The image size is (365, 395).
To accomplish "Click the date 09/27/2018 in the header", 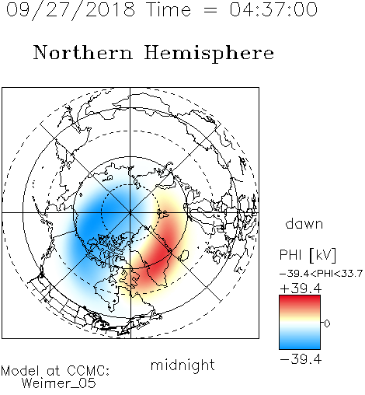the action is click(71, 10).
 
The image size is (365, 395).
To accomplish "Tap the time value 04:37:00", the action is click(273, 9).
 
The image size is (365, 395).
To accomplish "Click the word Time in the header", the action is click(169, 9).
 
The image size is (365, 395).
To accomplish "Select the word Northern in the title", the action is click(82, 52).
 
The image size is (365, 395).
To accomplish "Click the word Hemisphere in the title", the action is click(209, 54).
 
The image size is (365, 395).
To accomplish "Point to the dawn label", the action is click(304, 223).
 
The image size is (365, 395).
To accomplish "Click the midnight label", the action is click(182, 365).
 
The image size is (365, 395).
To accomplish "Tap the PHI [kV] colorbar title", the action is click(308, 255).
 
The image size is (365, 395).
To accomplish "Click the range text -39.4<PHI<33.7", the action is click(321, 274).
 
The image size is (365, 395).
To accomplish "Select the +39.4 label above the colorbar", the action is click(301, 288).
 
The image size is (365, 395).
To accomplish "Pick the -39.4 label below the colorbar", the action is click(301, 359).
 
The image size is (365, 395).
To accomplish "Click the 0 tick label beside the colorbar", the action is click(327, 323).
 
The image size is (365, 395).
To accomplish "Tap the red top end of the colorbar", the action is click(300, 297).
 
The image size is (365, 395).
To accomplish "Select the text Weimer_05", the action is click(58, 383).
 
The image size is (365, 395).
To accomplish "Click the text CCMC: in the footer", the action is click(89, 371).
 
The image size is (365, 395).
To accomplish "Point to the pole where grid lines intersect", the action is click(130, 212).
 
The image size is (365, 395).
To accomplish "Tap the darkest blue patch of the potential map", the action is click(91, 220).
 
